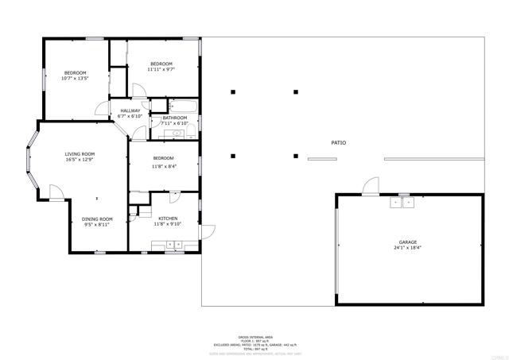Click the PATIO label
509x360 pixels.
coord(339,143)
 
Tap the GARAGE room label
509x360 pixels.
coord(408,242)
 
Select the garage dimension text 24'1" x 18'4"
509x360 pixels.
coord(408,249)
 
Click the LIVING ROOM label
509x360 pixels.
coord(80,154)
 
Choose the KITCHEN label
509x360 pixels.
coord(167,219)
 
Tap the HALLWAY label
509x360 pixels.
coord(130,110)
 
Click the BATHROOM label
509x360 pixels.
coord(174,118)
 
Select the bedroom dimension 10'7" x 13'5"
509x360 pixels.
coord(75,79)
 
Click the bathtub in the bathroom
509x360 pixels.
coord(183,105)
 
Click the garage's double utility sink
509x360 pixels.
coord(401,203)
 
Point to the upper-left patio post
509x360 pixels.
coord(233,92)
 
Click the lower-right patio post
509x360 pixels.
coord(296,156)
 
